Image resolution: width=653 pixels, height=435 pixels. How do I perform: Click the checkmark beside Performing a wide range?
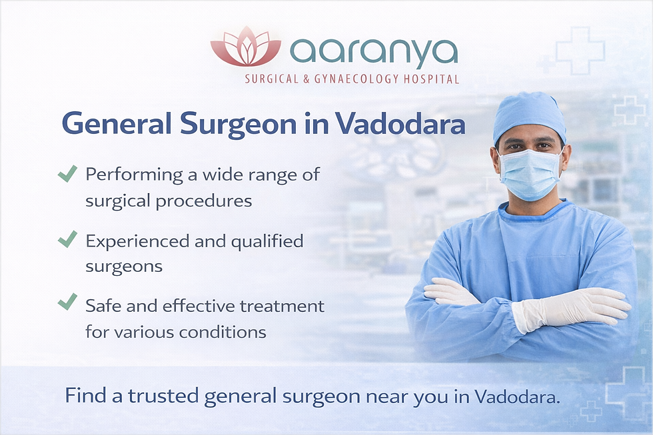point(67,175)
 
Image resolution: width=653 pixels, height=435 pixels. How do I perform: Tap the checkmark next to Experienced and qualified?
point(67,238)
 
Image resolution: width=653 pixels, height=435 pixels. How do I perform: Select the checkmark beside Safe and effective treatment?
point(67,303)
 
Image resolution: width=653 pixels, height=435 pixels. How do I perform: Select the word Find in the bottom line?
point(81,397)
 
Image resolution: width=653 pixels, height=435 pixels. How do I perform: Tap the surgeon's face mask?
point(530,174)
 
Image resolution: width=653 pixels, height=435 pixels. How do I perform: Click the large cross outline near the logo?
point(580,51)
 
